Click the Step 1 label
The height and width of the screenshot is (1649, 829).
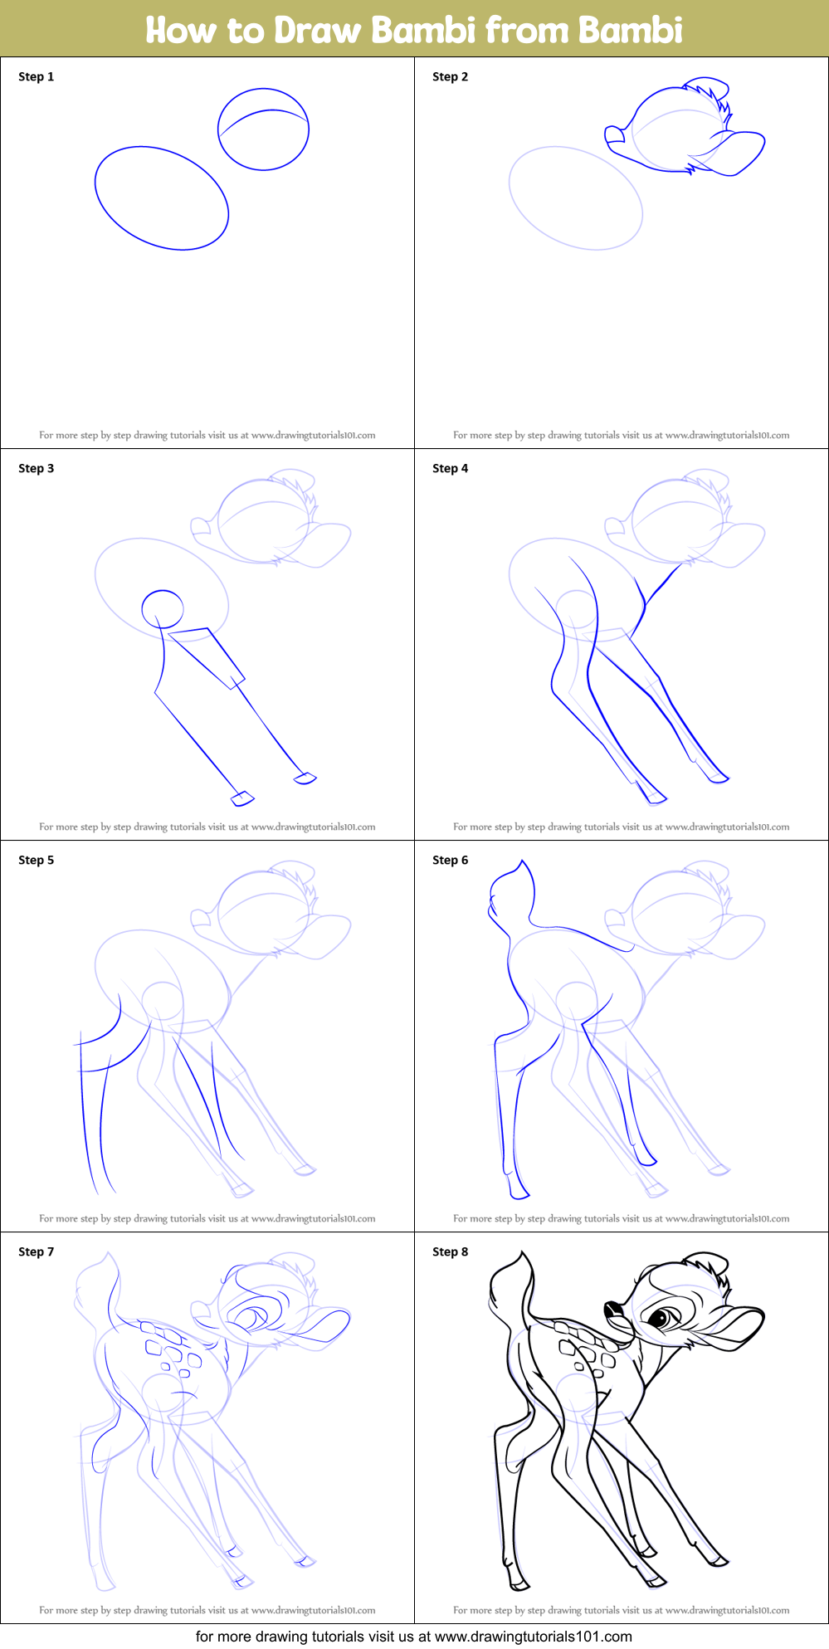[36, 76]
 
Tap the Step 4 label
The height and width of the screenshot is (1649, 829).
[450, 468]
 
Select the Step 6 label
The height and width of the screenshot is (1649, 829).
[450, 860]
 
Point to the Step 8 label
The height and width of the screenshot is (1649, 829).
[450, 1251]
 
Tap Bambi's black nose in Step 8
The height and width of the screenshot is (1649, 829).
[612, 1310]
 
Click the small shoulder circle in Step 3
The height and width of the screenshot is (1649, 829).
[163, 609]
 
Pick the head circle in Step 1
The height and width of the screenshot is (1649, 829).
[263, 129]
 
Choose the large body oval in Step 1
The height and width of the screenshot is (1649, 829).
[162, 198]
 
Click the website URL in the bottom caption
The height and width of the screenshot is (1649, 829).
[533, 1637]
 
